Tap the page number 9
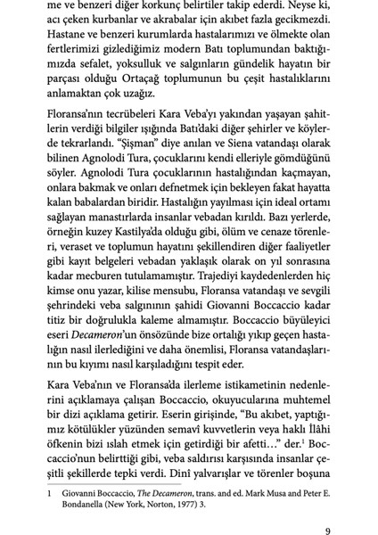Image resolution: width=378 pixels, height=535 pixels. pyautogui.click(x=328, y=530)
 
